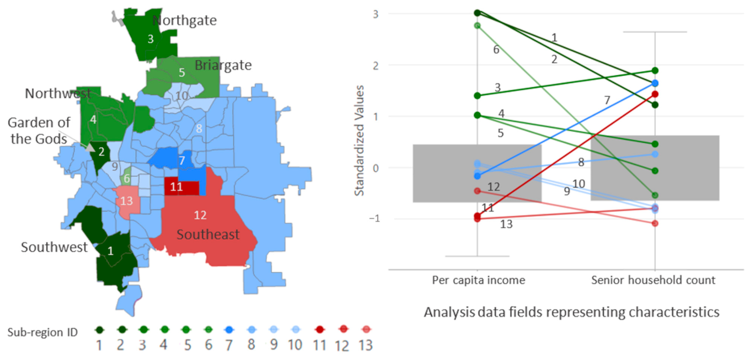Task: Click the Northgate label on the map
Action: coord(185,20)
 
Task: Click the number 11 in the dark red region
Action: coord(176,187)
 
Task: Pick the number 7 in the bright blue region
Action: coord(182,160)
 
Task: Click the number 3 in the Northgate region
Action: coord(151,39)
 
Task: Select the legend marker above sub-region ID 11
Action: coord(320,329)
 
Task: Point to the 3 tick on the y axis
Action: coord(376,14)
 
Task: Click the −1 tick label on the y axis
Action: coord(374,218)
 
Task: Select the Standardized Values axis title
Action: coord(359,140)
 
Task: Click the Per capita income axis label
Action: coord(479,280)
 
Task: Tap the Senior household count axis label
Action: coord(653,280)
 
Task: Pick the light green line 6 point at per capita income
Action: coord(477,26)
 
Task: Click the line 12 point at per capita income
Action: coord(477,191)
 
